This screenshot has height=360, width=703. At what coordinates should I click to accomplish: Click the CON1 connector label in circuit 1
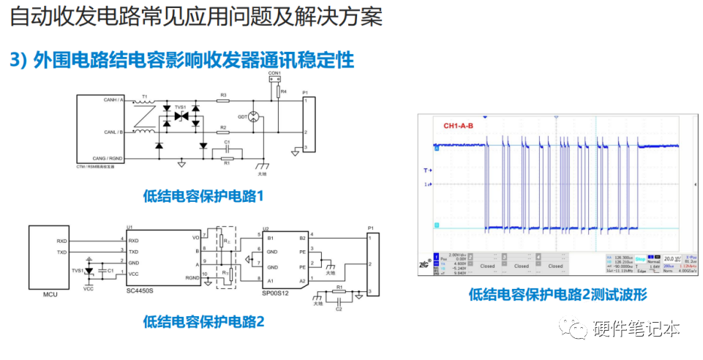click(x=274, y=73)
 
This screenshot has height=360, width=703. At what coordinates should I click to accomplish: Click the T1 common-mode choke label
click(x=145, y=96)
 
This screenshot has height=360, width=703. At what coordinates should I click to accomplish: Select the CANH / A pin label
click(x=113, y=100)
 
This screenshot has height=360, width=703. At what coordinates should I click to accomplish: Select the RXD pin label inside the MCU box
click(x=64, y=240)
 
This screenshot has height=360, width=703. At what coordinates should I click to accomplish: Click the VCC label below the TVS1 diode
click(x=89, y=288)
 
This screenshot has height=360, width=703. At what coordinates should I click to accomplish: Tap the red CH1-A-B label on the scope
click(x=458, y=125)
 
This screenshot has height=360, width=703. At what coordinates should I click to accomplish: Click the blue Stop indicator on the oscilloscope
click(x=640, y=258)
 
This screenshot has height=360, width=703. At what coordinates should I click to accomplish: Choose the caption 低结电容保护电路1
click(x=203, y=195)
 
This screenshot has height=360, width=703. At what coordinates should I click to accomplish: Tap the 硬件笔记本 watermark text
click(x=636, y=329)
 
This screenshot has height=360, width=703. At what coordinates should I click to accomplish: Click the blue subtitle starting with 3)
click(x=182, y=59)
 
